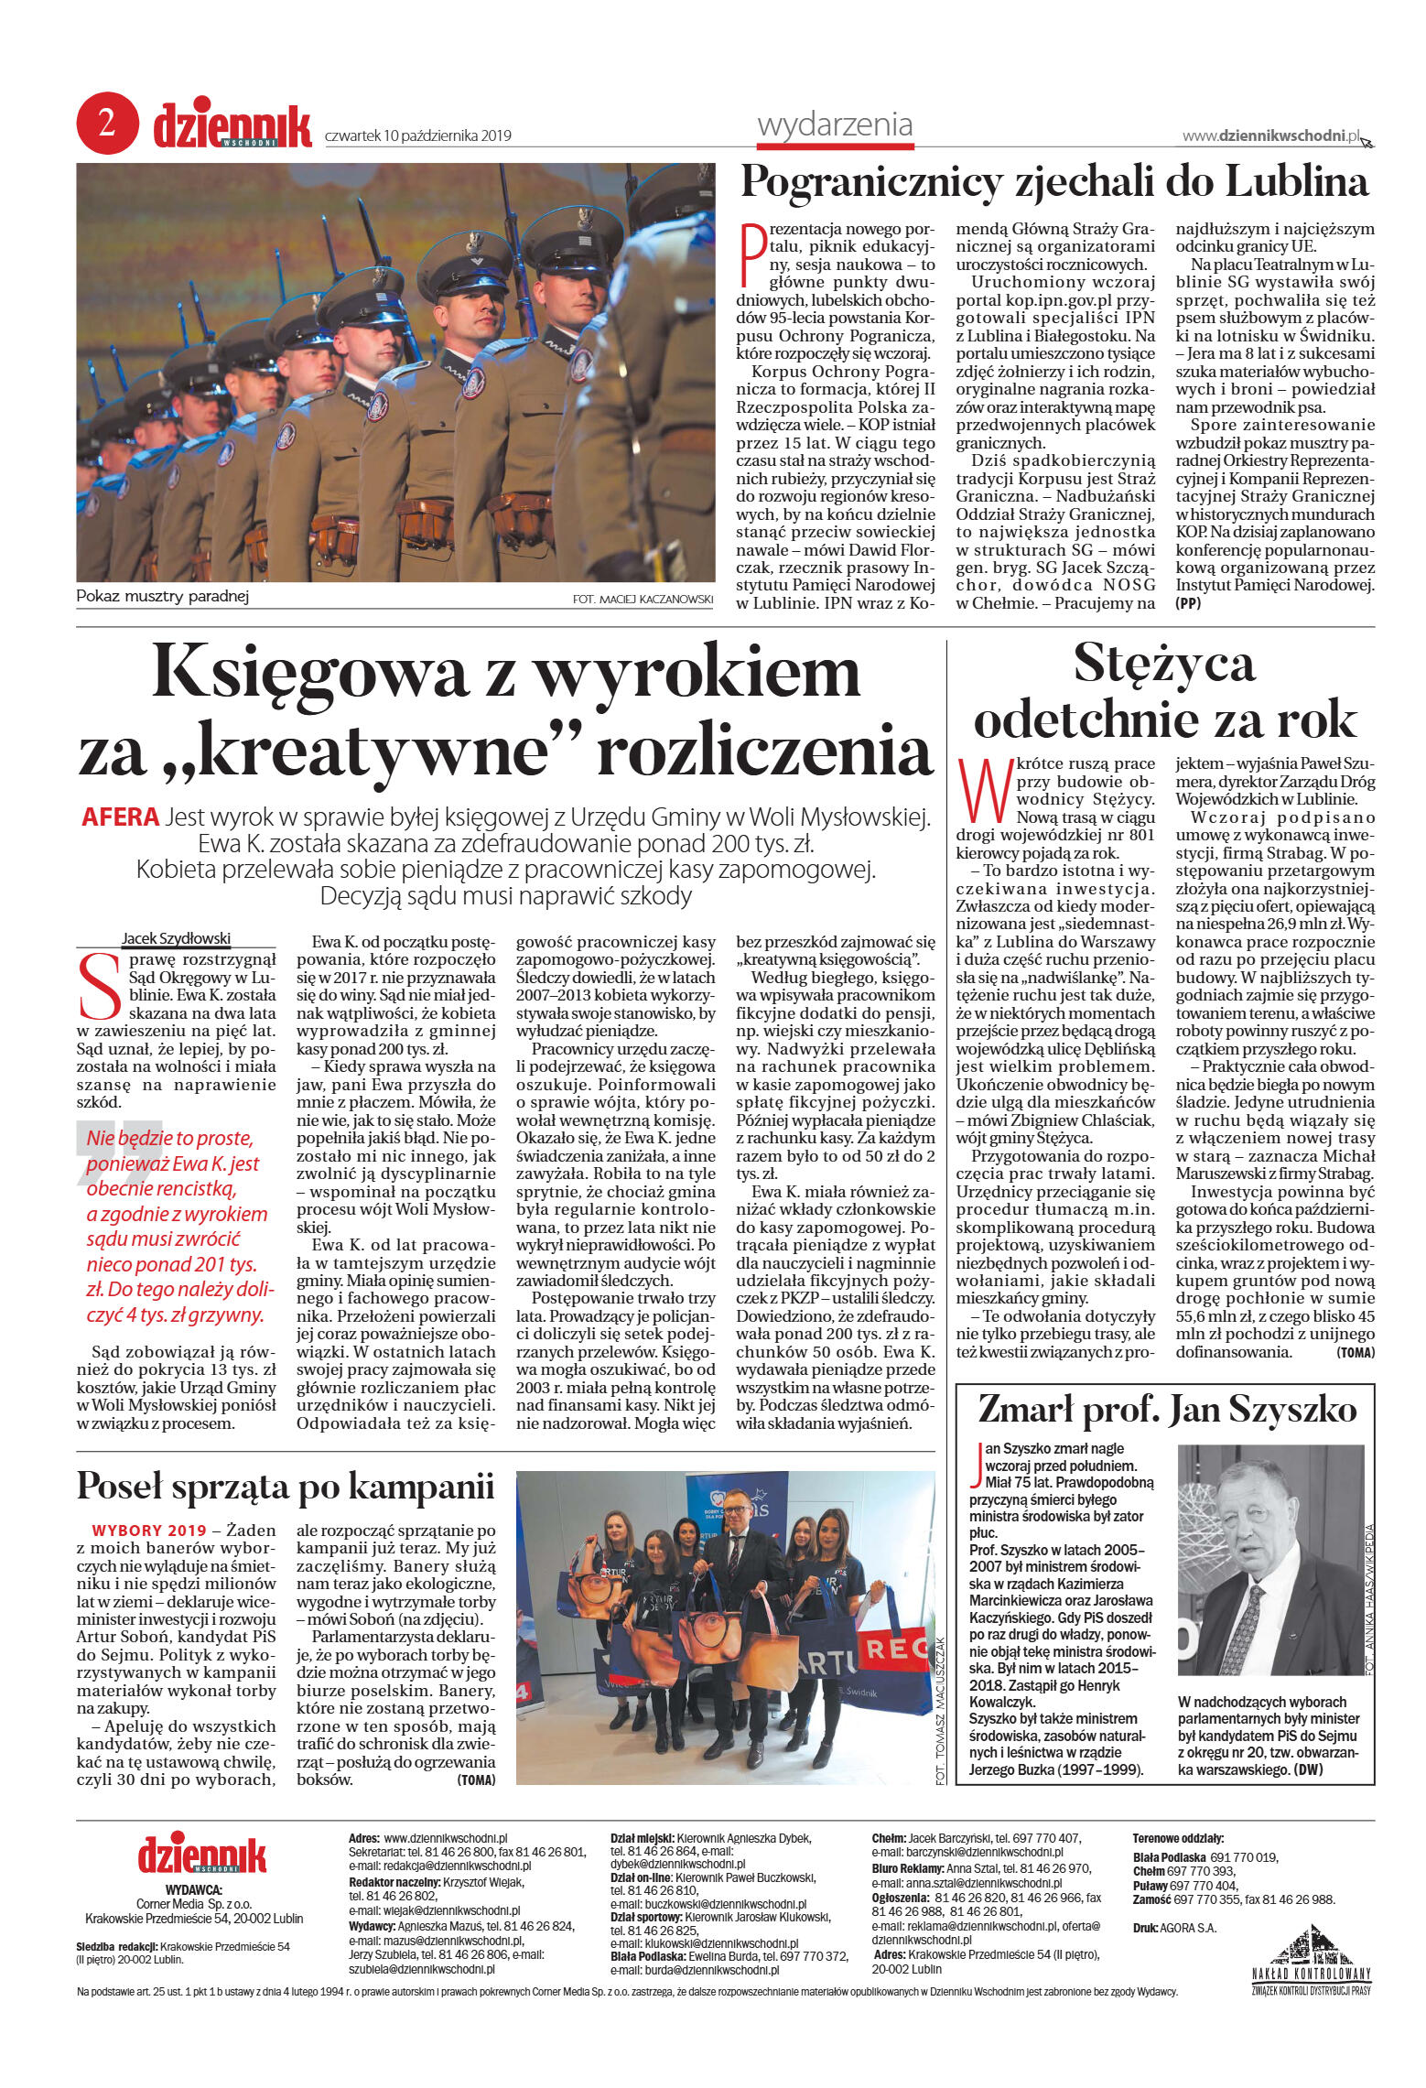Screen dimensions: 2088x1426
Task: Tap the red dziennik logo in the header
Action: (x=232, y=127)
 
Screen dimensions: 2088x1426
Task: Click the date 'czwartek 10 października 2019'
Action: (x=417, y=136)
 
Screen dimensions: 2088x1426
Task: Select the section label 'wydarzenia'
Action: (x=835, y=124)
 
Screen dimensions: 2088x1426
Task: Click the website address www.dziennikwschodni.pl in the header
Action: (x=1270, y=135)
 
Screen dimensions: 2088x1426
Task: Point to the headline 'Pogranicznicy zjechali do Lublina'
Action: (x=1054, y=182)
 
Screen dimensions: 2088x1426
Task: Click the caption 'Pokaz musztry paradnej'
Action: (x=162, y=597)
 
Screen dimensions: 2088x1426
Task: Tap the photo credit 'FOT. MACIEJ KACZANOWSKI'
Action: (x=642, y=600)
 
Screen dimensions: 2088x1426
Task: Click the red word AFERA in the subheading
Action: (x=120, y=817)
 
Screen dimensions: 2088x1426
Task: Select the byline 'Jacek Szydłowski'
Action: (x=176, y=938)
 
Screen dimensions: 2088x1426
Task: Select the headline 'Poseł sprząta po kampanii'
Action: (x=285, y=1486)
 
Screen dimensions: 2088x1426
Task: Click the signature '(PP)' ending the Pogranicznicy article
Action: (x=1188, y=603)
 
